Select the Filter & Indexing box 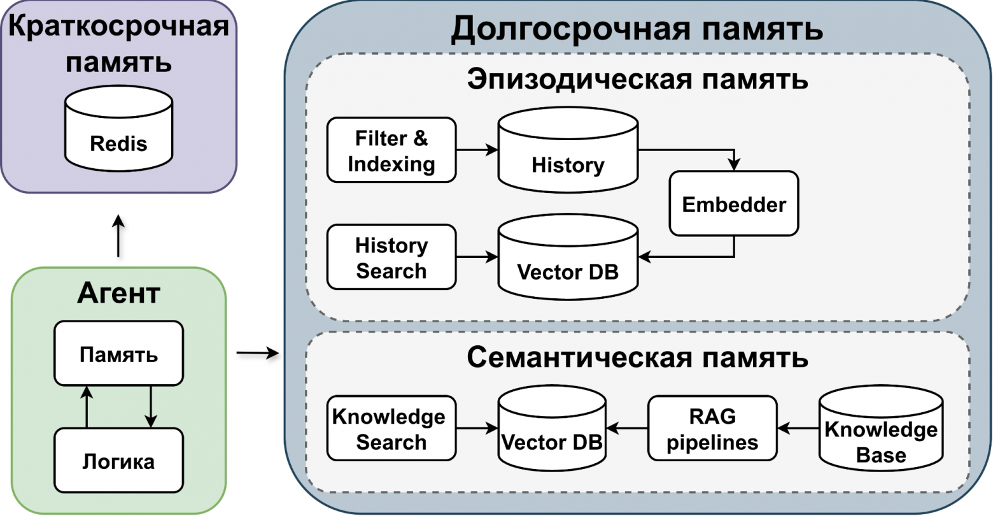coord(391,150)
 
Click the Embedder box coord(733,204)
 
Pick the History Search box coord(391,257)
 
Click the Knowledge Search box coord(391,429)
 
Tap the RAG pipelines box coord(712,429)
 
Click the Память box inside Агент coord(118,354)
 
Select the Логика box coord(118,461)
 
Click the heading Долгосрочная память coord(637,29)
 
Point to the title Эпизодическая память coord(637,80)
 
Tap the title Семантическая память coord(637,357)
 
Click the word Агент coord(118,293)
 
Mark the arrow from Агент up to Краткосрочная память coord(118,236)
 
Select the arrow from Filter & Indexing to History coord(477,150)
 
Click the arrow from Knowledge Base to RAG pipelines coord(798,429)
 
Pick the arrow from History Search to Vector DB coord(477,257)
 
